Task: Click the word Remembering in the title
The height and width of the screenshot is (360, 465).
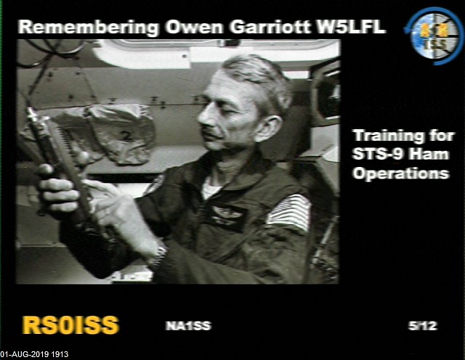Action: point(89,28)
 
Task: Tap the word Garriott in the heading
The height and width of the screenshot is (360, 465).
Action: point(270,27)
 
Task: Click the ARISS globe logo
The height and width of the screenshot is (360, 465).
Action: point(434,36)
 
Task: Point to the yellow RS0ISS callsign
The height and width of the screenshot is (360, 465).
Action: point(70,325)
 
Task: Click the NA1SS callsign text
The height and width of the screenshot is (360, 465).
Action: point(188,326)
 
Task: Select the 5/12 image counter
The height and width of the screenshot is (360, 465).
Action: point(423,326)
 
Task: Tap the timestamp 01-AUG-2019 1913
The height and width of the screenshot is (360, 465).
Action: point(34,354)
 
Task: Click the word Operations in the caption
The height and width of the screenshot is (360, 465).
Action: point(401,173)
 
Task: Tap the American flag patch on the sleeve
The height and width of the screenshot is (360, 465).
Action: point(288,213)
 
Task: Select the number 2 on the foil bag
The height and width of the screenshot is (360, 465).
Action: point(127,136)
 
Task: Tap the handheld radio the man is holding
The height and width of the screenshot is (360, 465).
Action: point(61,166)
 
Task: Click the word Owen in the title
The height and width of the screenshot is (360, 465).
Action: point(194,27)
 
